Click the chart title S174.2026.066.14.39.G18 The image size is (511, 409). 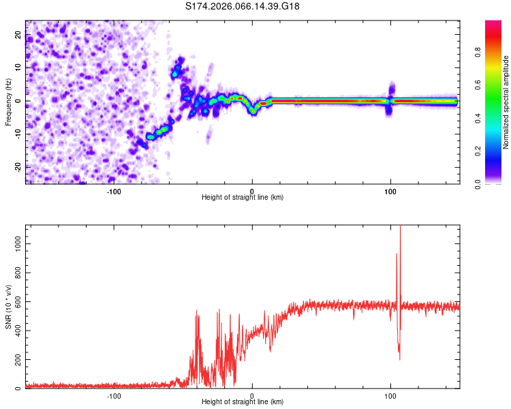point(243,6)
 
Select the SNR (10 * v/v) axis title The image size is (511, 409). point(8,307)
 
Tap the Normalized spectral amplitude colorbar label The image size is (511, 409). point(506,102)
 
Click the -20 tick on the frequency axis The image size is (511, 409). point(17,167)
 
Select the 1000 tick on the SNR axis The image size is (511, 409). point(14,242)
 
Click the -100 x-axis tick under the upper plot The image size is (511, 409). point(113,191)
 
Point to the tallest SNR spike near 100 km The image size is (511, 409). point(400,229)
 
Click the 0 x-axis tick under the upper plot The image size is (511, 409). point(252,191)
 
